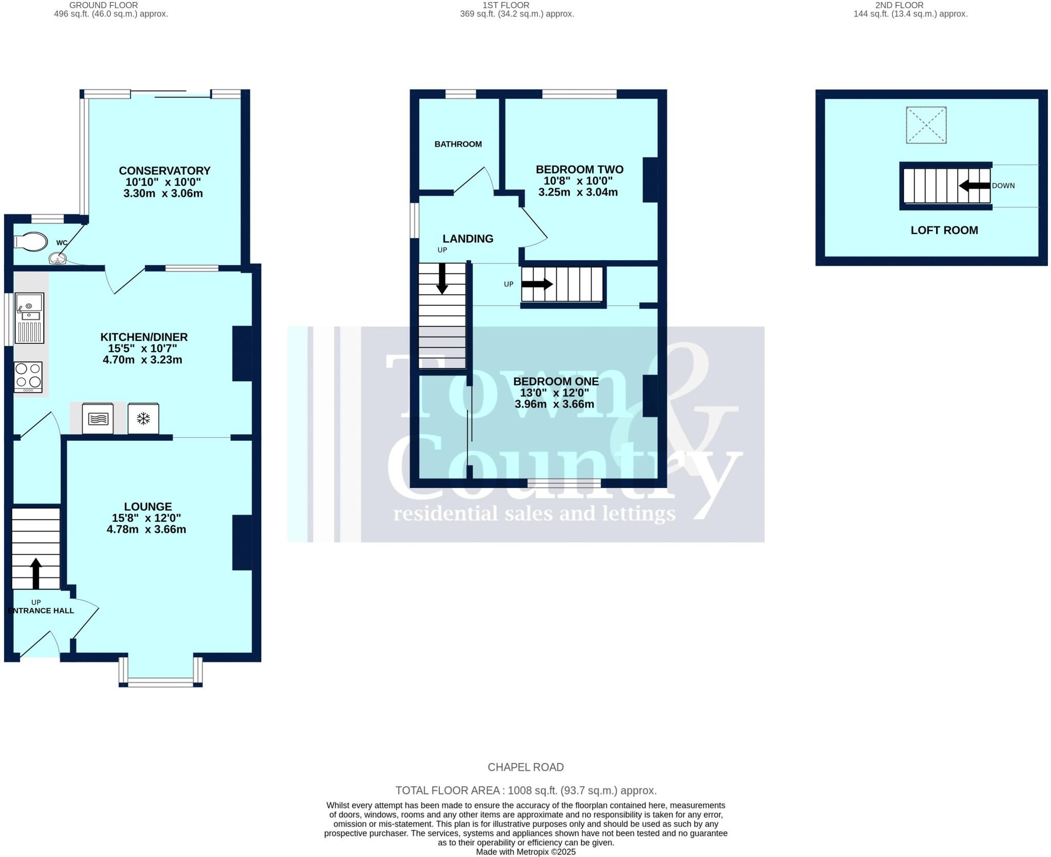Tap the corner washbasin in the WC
point(57,259)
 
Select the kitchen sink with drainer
point(29,318)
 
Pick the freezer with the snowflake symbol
point(143,419)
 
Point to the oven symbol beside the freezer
point(98,419)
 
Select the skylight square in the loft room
point(926,125)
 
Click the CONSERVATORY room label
point(165,170)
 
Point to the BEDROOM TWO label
point(579,169)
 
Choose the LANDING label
point(468,239)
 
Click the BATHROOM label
point(458,144)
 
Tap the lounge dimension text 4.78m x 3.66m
point(146,529)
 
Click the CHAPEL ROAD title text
point(525,767)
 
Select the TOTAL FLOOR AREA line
point(525,790)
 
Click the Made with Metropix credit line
point(525,852)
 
